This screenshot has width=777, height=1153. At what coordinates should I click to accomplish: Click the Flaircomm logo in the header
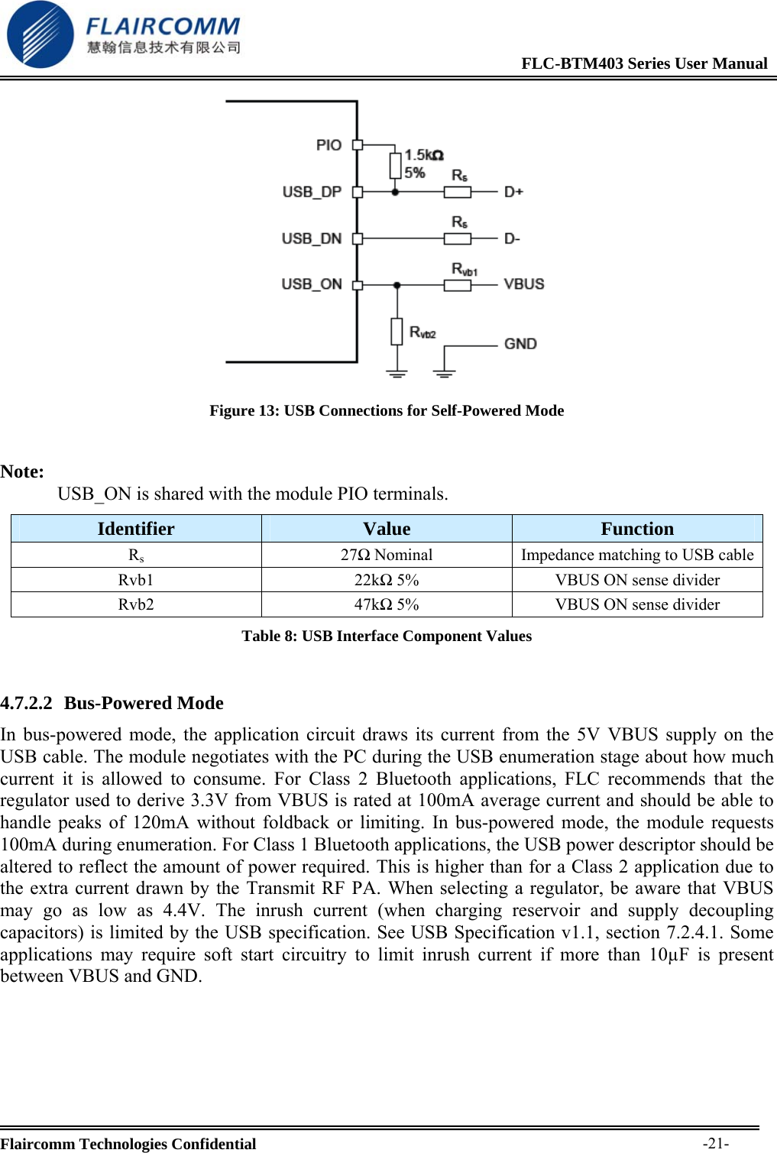pyautogui.click(x=122, y=34)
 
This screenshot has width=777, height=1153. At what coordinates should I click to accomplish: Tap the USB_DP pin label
pyautogui.click(x=312, y=192)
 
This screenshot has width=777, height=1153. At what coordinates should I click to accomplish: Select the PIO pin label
pyautogui.click(x=329, y=145)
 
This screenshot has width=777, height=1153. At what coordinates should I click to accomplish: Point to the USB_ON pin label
pyautogui.click(x=312, y=284)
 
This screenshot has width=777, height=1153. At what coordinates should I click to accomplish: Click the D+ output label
pyautogui.click(x=513, y=192)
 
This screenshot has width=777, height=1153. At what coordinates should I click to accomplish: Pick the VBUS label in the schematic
pyautogui.click(x=524, y=284)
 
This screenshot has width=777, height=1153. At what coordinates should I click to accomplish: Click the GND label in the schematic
pyautogui.click(x=520, y=344)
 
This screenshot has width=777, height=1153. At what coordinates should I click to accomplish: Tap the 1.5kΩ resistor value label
pyautogui.click(x=423, y=155)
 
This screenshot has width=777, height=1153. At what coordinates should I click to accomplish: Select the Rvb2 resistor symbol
pyautogui.click(x=397, y=332)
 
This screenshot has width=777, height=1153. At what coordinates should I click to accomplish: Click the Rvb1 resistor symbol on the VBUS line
pyautogui.click(x=458, y=285)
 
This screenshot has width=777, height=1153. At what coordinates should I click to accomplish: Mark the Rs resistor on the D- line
pyautogui.click(x=458, y=238)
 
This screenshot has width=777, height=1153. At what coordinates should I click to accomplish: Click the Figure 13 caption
pyautogui.click(x=387, y=411)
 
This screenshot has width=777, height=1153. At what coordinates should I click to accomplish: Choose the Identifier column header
pyautogui.click(x=136, y=529)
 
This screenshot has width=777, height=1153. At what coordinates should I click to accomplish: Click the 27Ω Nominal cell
pyautogui.click(x=387, y=555)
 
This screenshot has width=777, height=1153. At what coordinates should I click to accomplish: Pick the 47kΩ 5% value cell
pyautogui.click(x=387, y=604)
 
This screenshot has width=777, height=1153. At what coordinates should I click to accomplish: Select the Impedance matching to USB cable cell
pyautogui.click(x=637, y=555)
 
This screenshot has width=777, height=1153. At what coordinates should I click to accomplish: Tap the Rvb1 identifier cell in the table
pyautogui.click(x=136, y=580)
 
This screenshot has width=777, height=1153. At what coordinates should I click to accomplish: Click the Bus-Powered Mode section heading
pyautogui.click(x=144, y=703)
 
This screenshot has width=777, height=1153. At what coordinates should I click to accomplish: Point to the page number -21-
pyautogui.click(x=716, y=1143)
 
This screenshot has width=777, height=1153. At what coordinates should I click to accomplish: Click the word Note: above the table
pyautogui.click(x=23, y=471)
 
